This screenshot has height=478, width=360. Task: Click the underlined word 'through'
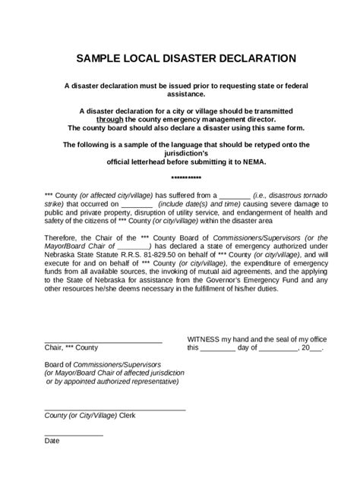pos(112,119)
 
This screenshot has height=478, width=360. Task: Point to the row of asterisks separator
pos(181,177)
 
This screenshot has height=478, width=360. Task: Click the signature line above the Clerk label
pos(114,410)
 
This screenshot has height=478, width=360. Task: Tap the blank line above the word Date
pos(74,434)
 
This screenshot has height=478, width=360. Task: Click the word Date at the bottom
pos(52,441)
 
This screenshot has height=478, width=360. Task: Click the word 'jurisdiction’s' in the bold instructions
pos(180,153)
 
